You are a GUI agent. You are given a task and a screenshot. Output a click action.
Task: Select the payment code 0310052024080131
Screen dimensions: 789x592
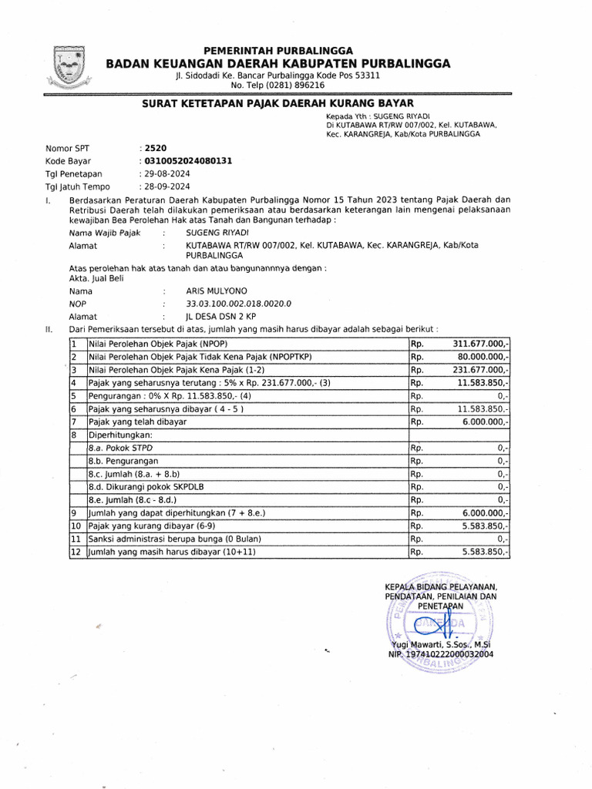187,161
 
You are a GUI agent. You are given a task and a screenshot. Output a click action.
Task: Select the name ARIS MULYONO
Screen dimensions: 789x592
217,292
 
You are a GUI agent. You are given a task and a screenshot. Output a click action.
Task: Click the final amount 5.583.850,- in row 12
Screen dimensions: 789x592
484,552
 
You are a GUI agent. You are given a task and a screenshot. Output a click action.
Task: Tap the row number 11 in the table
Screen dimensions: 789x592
75,539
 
